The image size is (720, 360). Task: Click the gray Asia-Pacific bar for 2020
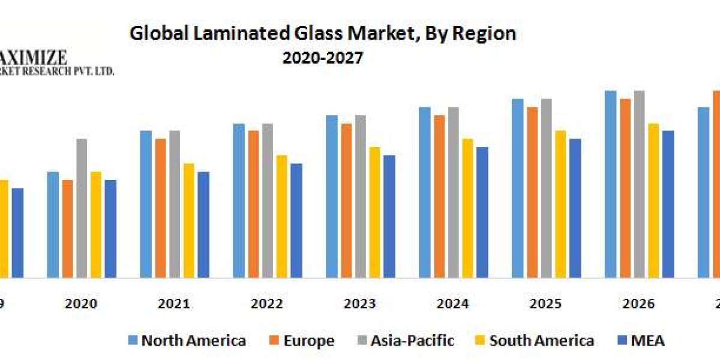(81, 208)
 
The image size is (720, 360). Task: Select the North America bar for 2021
(146, 204)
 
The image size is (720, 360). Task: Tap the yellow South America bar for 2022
(282, 217)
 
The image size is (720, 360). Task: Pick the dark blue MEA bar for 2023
(389, 217)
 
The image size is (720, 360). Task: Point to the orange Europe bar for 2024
(439, 196)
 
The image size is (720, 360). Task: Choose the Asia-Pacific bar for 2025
(547, 188)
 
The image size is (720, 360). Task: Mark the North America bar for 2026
(611, 184)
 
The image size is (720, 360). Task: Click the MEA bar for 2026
(668, 204)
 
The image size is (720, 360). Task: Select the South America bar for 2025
(561, 204)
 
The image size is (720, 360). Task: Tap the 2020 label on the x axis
(81, 304)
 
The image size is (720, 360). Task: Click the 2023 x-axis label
(359, 304)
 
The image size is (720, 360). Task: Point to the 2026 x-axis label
(638, 304)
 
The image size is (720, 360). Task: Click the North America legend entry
(187, 341)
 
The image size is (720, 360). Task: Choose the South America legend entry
(535, 341)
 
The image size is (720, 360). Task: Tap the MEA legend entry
(641, 341)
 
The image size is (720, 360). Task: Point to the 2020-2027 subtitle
(323, 58)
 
